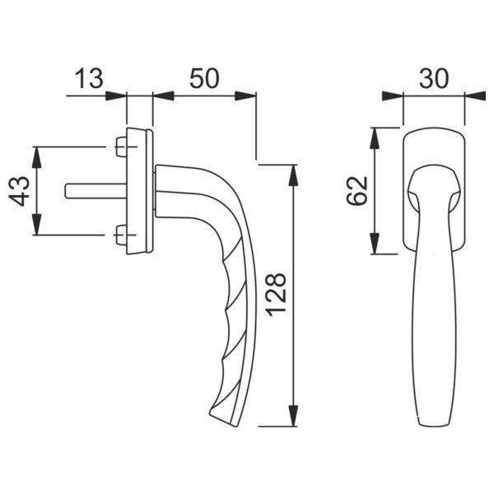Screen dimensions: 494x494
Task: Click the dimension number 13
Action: coord(89,78)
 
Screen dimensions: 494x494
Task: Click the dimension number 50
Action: coord(204,78)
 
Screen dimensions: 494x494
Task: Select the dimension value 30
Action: coord(434,78)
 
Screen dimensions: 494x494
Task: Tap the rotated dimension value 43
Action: coord(19,192)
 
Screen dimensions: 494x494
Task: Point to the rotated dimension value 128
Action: coord(276,295)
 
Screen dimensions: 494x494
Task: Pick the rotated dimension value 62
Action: coord(357,191)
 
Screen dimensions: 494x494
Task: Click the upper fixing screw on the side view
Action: coord(121,147)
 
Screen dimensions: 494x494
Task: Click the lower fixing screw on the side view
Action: coord(121,235)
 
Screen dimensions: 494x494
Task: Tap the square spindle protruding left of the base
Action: coord(96,191)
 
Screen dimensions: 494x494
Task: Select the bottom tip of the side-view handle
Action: coord(235,426)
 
